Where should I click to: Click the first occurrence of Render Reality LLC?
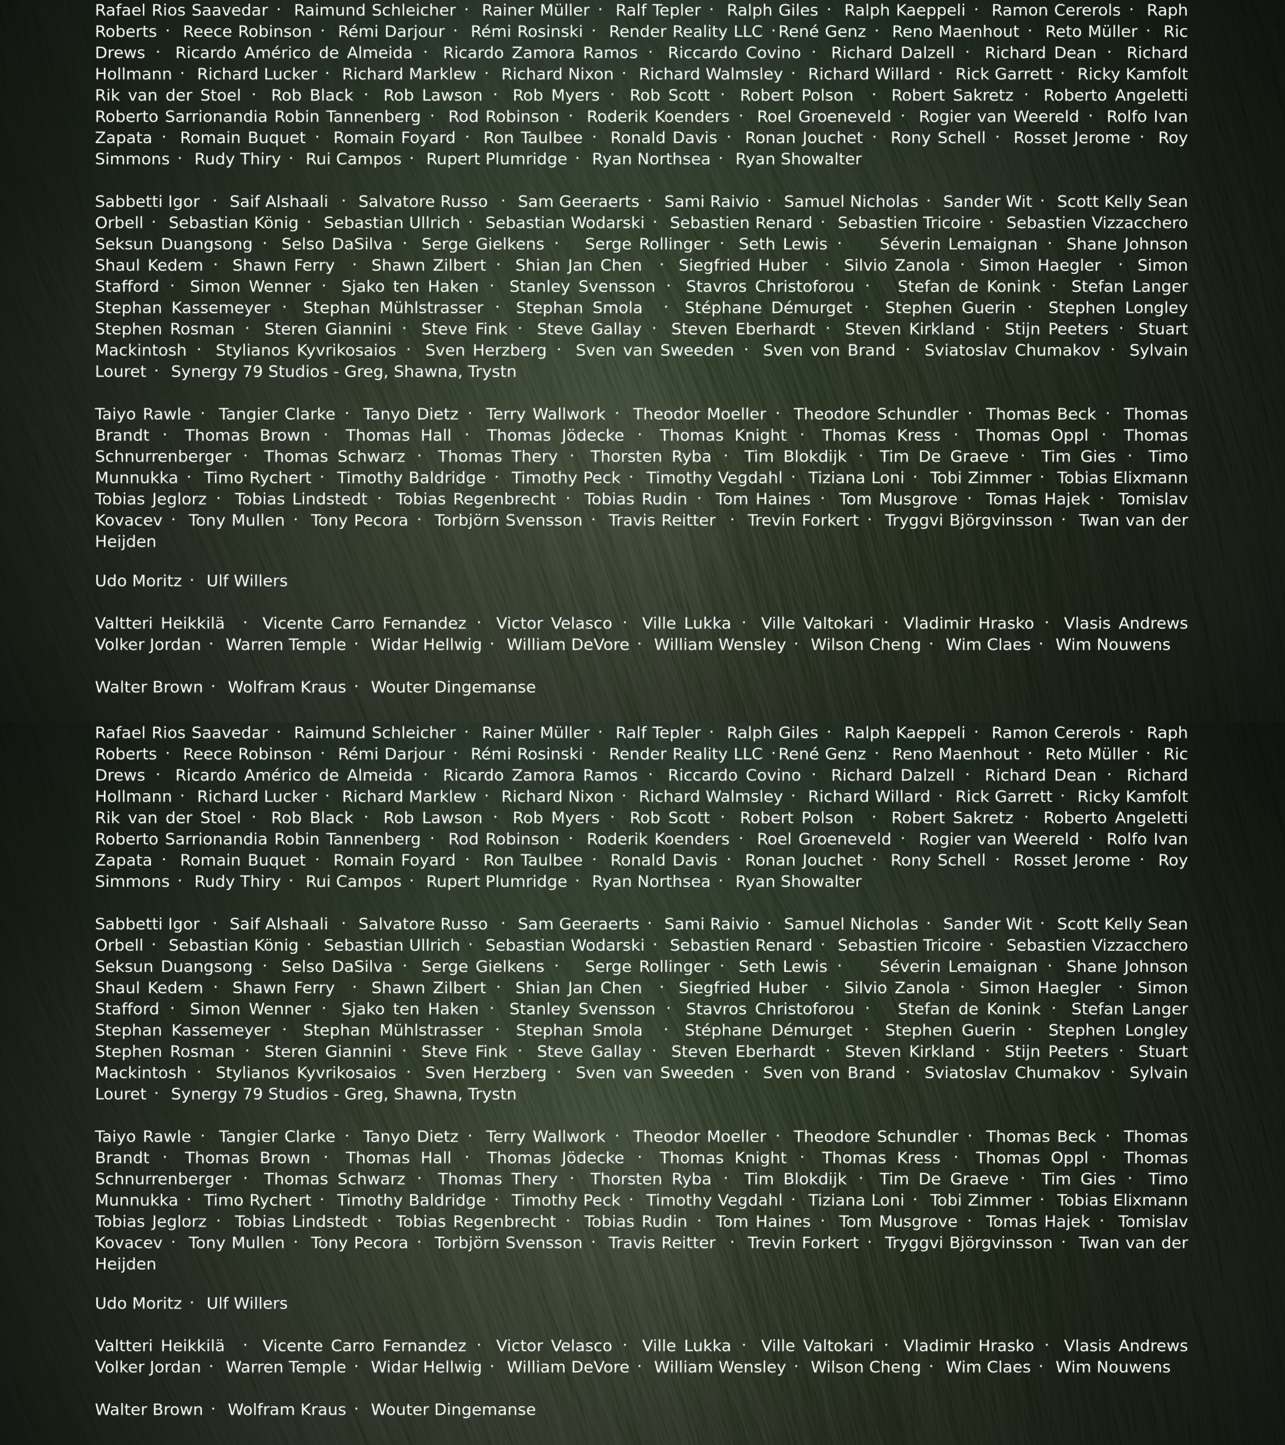click(685, 32)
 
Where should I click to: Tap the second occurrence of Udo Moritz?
click(138, 1303)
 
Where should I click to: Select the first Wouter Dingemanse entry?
click(453, 687)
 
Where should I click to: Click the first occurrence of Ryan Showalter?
click(798, 159)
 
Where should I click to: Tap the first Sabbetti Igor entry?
click(147, 201)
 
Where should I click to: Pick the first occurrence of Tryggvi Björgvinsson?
click(968, 520)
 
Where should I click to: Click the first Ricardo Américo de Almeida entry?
click(294, 53)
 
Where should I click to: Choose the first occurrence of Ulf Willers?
click(247, 581)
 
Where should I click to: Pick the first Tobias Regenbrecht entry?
click(475, 499)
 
